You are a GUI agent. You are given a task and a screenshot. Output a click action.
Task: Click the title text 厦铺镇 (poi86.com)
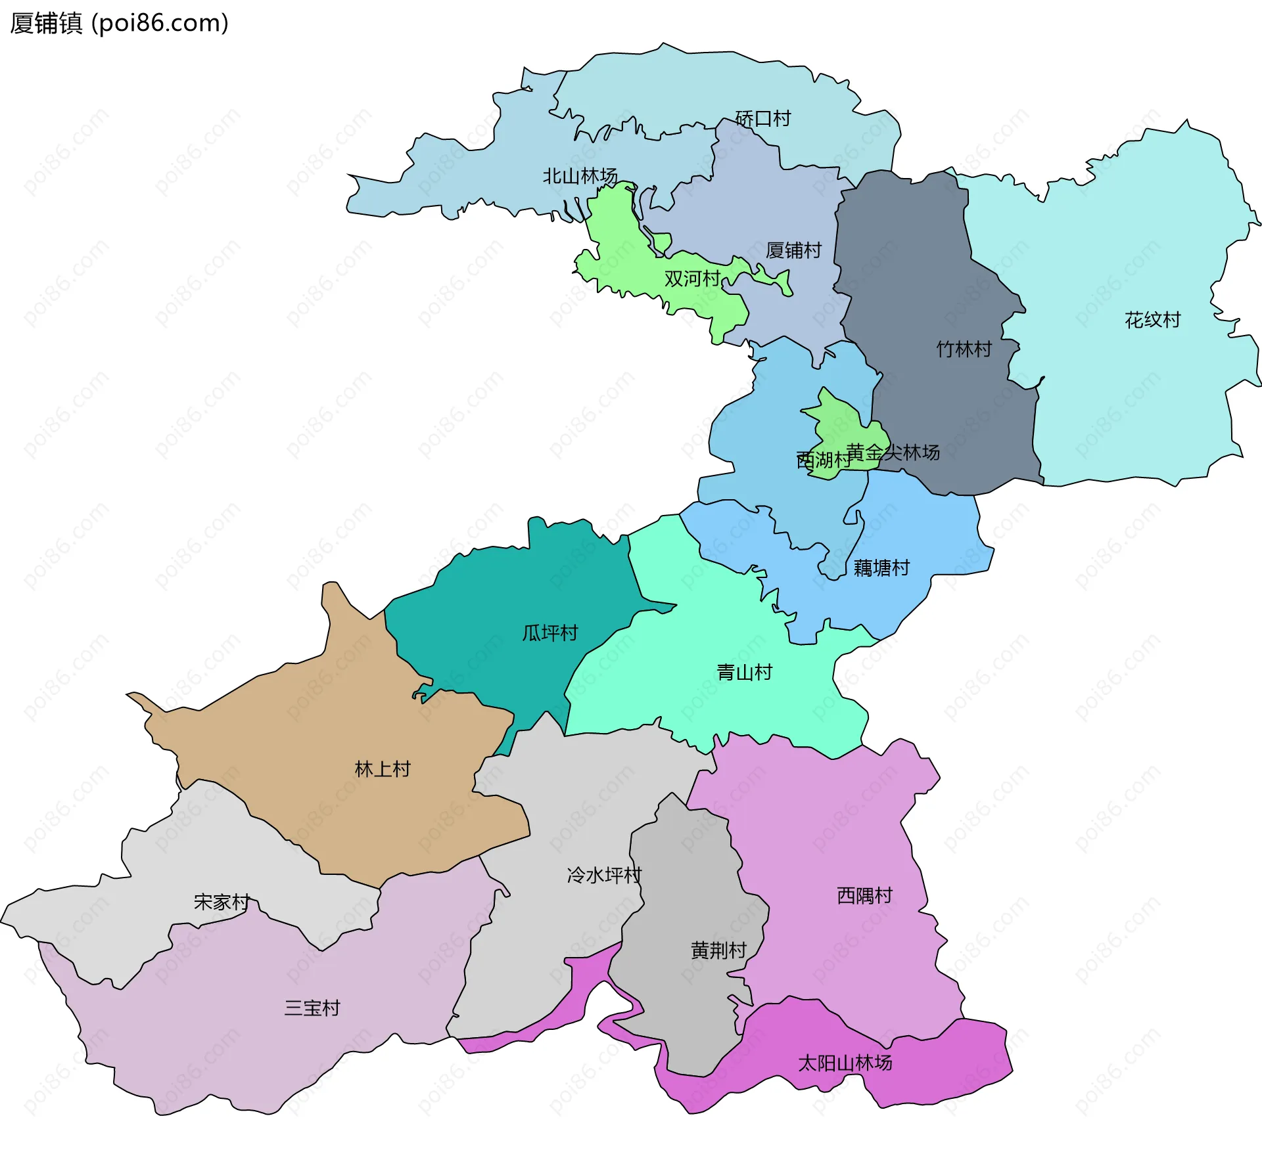click(x=119, y=23)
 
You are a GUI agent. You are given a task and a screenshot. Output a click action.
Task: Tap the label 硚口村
click(x=762, y=119)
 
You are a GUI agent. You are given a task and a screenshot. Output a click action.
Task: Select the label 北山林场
click(x=580, y=176)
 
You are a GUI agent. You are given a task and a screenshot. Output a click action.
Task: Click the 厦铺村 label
click(x=793, y=250)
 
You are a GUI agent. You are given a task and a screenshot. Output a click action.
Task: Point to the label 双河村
click(x=692, y=278)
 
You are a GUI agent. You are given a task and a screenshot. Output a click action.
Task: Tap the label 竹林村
click(x=964, y=349)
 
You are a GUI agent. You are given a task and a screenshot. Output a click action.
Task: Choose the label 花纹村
click(x=1152, y=320)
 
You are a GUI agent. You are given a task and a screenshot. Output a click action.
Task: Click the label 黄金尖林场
click(x=893, y=453)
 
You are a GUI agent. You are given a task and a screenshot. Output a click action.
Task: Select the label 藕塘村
click(x=881, y=568)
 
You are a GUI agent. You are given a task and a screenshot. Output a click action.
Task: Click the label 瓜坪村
click(x=549, y=633)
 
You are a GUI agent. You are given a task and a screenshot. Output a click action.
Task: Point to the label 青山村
click(x=744, y=673)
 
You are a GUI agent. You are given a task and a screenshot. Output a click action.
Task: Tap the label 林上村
click(x=383, y=769)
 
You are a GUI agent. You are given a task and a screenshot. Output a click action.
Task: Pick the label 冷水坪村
click(x=604, y=875)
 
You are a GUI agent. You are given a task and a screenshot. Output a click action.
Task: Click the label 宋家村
click(x=222, y=902)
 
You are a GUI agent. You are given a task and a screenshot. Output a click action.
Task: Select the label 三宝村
click(x=312, y=1008)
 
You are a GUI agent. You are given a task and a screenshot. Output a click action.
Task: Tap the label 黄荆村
click(x=718, y=950)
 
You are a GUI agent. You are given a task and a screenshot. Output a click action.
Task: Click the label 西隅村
click(x=864, y=896)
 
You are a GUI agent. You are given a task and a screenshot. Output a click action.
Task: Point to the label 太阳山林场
click(x=845, y=1063)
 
